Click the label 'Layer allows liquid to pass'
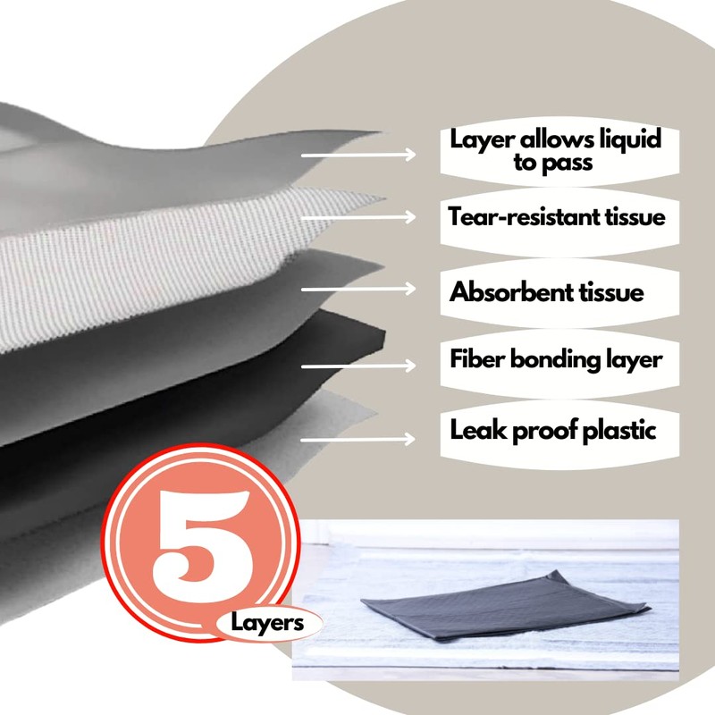[555, 151]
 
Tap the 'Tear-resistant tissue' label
[557, 216]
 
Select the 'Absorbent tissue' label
[546, 291]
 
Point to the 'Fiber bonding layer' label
[555, 359]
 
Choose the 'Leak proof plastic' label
[553, 430]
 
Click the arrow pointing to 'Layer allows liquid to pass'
[357, 155]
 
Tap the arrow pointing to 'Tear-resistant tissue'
[357, 217]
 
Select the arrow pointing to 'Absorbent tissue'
[357, 289]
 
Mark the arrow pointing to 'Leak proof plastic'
[357, 438]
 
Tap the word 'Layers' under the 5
[267, 622]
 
